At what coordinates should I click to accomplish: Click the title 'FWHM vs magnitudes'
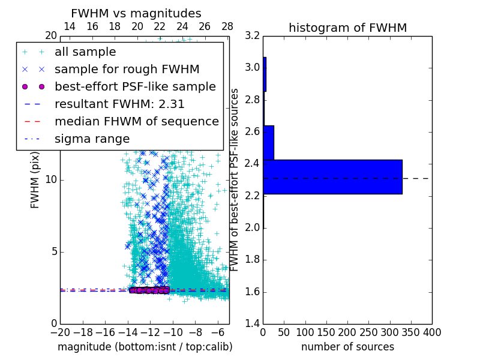tap(136, 13)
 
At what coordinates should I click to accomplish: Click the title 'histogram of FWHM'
tap(347, 28)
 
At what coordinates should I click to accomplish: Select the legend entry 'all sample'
tap(85, 52)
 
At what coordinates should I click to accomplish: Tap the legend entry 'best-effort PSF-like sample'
tap(135, 86)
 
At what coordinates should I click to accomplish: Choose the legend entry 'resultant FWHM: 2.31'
tap(119, 104)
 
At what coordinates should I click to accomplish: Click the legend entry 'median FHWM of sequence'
tap(136, 121)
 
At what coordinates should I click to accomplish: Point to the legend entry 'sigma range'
tap(92, 139)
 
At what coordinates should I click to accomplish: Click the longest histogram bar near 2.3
tap(332, 177)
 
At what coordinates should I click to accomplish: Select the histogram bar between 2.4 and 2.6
tap(268, 143)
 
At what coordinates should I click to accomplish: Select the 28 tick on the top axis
tap(227, 27)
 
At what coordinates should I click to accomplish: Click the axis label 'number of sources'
tap(347, 347)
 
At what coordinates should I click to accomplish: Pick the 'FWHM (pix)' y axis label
tap(35, 179)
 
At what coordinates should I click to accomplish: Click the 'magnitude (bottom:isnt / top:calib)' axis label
tap(145, 347)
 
